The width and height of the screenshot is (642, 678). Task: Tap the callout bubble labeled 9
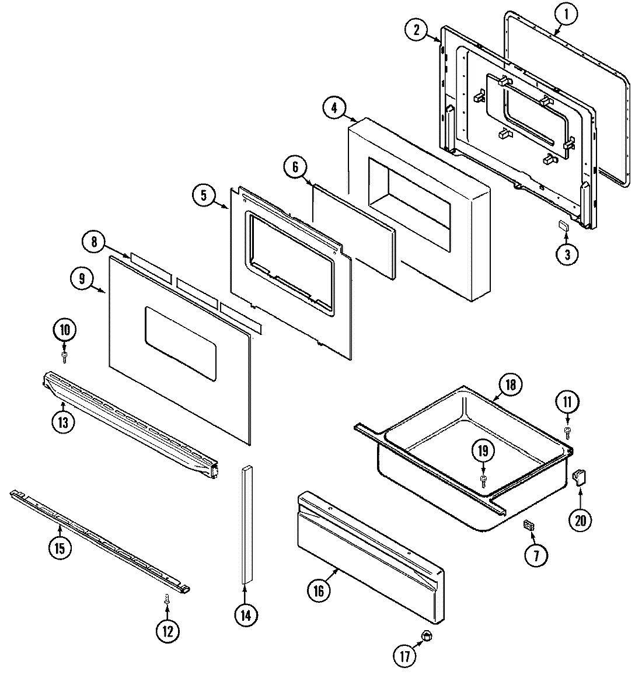(x=82, y=279)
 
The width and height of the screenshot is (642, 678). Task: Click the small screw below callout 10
(x=64, y=355)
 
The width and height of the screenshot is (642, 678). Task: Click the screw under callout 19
(x=484, y=479)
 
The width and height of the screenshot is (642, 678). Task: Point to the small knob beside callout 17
(x=427, y=635)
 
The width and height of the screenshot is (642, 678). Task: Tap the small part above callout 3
(x=564, y=226)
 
